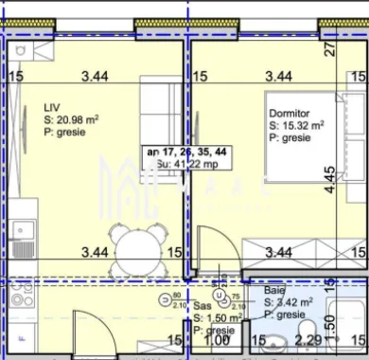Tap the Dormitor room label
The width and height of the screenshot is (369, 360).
[x=290, y=111]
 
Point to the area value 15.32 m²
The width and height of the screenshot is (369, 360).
[x=303, y=124]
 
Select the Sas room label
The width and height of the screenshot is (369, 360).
[x=202, y=307]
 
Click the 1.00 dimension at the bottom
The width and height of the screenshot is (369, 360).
[x=218, y=340]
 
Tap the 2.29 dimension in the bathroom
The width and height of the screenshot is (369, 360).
[x=309, y=340]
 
